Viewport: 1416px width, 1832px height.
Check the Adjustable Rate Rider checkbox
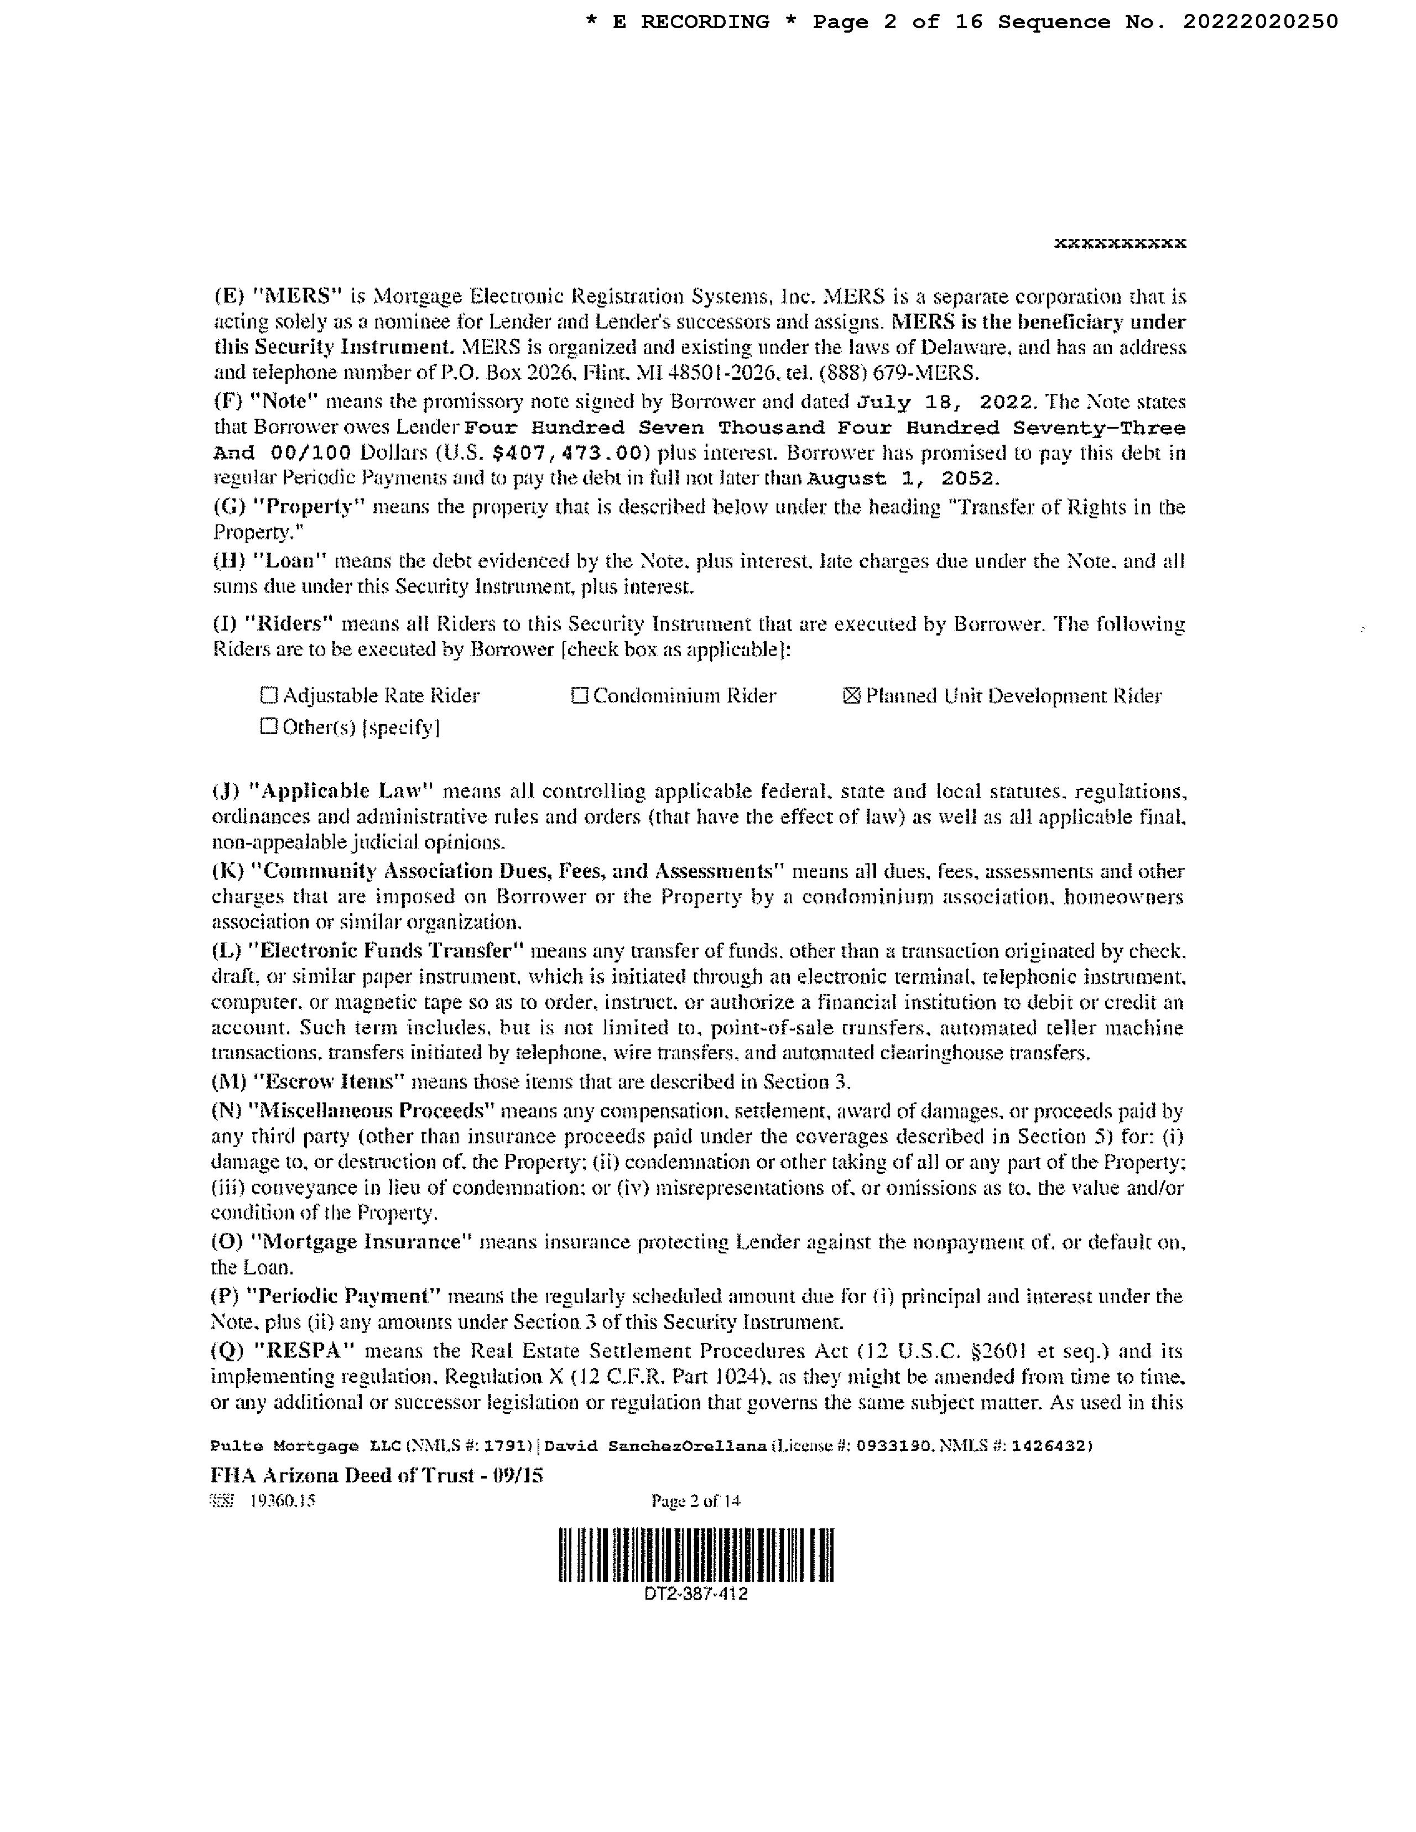[268, 695]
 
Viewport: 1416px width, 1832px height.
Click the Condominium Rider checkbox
[579, 695]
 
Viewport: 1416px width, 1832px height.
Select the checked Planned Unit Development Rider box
[851, 695]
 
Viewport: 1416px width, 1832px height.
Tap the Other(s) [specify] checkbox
[268, 726]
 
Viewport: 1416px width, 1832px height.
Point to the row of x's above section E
[1119, 243]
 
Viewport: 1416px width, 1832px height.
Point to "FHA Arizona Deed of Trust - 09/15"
[377, 1475]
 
